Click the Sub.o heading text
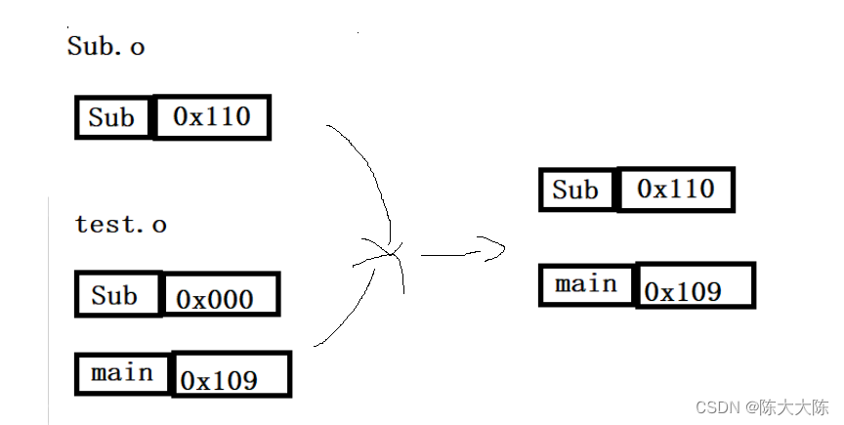[x=105, y=46]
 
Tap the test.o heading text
[x=120, y=225]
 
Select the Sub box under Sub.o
[x=113, y=117]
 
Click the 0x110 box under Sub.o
[x=211, y=117]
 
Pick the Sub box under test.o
[x=117, y=294]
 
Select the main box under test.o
[x=123, y=373]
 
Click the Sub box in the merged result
[x=576, y=189]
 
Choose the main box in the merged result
[x=587, y=284]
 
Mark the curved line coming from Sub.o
[x=373, y=176]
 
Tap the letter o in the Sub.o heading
[x=137, y=48]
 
